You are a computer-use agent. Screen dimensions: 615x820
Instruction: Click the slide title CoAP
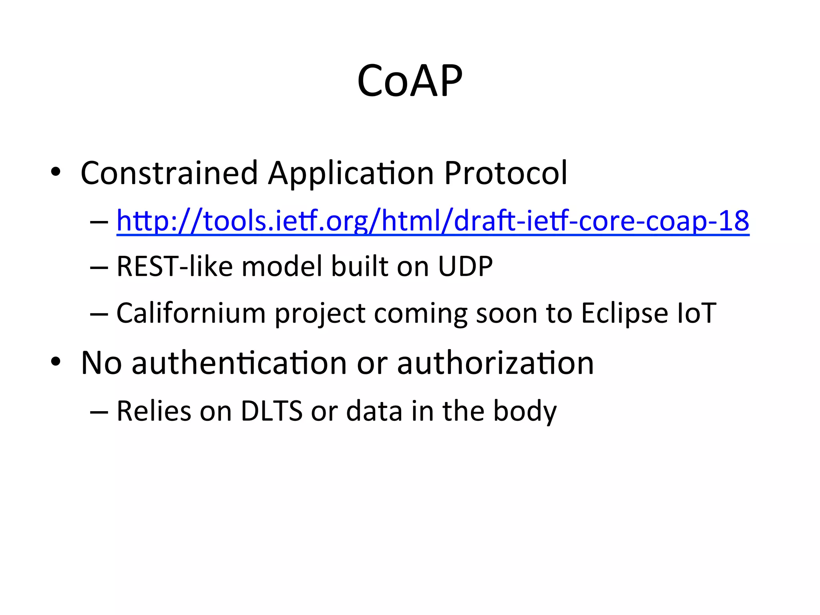coord(410,81)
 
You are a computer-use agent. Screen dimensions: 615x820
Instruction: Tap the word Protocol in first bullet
coord(506,173)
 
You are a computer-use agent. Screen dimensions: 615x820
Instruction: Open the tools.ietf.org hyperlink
coord(432,221)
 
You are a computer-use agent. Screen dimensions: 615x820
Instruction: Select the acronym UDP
coord(465,267)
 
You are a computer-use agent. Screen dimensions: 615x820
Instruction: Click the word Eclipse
coord(624,313)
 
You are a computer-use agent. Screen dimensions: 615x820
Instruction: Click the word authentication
coord(239,363)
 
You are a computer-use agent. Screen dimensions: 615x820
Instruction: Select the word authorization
coord(495,363)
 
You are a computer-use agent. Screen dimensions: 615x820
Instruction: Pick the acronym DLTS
coord(271,411)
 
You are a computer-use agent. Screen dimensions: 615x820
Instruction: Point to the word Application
coord(351,173)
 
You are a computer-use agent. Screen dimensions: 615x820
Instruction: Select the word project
coord(320,313)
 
